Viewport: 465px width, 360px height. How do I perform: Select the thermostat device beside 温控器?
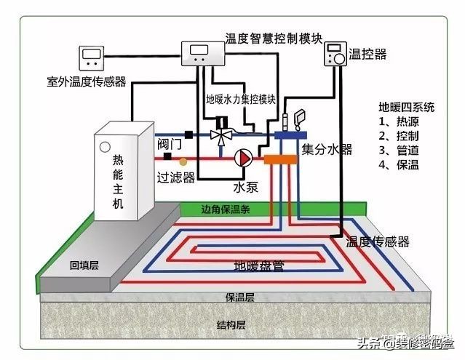click(x=335, y=55)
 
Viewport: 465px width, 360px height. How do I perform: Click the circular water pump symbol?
click(x=242, y=156)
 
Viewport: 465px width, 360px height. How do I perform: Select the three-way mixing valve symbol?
click(x=220, y=135)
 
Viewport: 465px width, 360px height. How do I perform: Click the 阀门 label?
click(x=169, y=143)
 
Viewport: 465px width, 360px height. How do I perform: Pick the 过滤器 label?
click(x=175, y=175)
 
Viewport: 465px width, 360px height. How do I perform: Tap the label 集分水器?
click(x=327, y=149)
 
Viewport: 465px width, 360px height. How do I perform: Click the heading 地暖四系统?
click(x=406, y=107)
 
